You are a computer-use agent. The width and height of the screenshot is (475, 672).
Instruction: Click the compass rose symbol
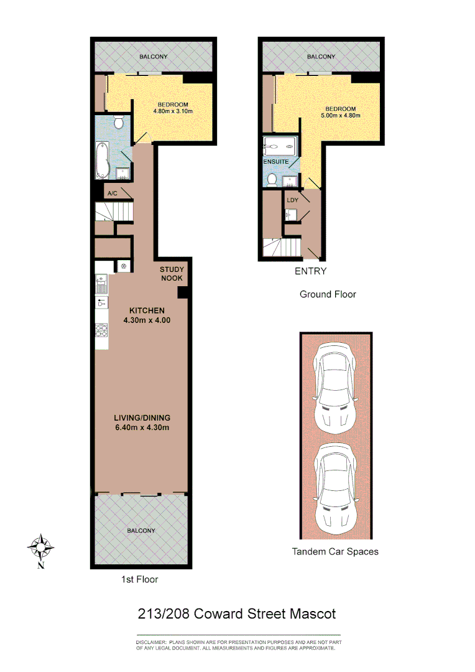tap(40, 548)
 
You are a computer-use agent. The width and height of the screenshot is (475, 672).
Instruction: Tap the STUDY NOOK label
tap(171, 274)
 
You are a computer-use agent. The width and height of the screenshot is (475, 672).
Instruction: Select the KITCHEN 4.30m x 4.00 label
tap(147, 315)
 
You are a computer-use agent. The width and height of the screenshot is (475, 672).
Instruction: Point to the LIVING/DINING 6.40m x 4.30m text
tap(142, 422)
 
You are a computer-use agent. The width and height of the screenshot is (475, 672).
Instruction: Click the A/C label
tap(113, 194)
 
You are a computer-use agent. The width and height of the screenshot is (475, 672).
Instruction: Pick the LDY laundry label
tap(293, 200)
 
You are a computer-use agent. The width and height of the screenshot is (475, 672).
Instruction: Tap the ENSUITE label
tap(275, 161)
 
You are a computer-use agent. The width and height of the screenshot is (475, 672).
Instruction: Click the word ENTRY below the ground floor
tap(310, 271)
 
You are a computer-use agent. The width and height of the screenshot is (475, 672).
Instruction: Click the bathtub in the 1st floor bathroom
tap(103, 161)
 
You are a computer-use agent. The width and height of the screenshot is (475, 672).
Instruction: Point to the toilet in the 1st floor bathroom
tap(119, 123)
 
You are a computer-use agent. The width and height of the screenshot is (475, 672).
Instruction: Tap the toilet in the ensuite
tap(272, 180)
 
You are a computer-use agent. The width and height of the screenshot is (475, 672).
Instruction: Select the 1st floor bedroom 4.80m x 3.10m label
tap(173, 108)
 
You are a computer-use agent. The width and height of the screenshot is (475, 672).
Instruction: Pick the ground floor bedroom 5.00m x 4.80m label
tap(340, 112)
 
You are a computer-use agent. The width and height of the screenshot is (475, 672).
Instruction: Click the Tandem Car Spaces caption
tap(335, 551)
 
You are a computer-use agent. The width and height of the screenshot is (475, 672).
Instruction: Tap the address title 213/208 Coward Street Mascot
tap(236, 614)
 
